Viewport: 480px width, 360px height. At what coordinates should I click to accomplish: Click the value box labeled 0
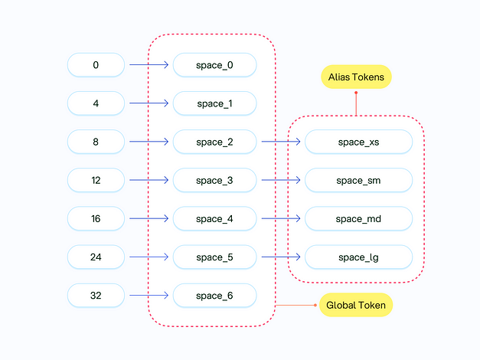tap(96, 65)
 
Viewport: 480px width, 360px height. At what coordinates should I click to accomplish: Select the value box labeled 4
tap(96, 103)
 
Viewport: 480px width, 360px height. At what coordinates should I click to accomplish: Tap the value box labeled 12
tap(96, 180)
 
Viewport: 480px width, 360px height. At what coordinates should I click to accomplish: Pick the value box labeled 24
tap(96, 257)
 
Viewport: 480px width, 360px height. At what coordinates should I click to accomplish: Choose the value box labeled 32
tap(96, 295)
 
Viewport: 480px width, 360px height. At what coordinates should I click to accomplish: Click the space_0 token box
tap(214, 65)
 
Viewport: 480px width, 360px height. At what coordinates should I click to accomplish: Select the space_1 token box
tap(214, 103)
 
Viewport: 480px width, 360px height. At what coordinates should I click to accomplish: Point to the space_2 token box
tap(214, 142)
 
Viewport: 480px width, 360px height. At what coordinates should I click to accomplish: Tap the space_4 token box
tap(214, 218)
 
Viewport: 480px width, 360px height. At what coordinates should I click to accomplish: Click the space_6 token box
tap(214, 295)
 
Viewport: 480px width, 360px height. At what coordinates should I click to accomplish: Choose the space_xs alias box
tap(358, 142)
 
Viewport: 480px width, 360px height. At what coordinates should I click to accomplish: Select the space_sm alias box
tap(358, 180)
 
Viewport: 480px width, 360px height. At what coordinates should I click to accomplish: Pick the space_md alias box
tap(358, 218)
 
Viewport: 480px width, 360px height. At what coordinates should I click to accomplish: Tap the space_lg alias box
tap(358, 257)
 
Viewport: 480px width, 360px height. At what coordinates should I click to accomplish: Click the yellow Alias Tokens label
tap(356, 77)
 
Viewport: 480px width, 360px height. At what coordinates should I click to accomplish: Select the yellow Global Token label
tap(356, 305)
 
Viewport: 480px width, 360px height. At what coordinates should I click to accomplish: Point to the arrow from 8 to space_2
tap(149, 142)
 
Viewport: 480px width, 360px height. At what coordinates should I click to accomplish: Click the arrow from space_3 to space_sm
tap(281, 180)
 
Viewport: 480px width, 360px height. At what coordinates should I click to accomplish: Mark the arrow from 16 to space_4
tap(149, 218)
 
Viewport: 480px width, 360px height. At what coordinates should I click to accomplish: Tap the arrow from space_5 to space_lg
tap(281, 257)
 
